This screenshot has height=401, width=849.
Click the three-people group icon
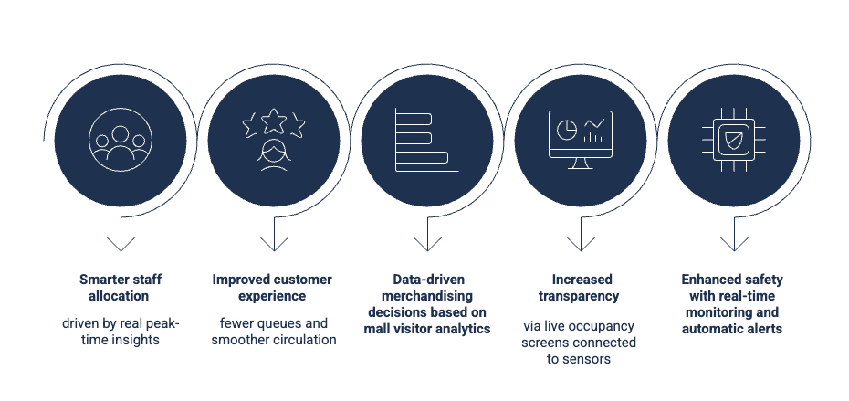click(x=120, y=139)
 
